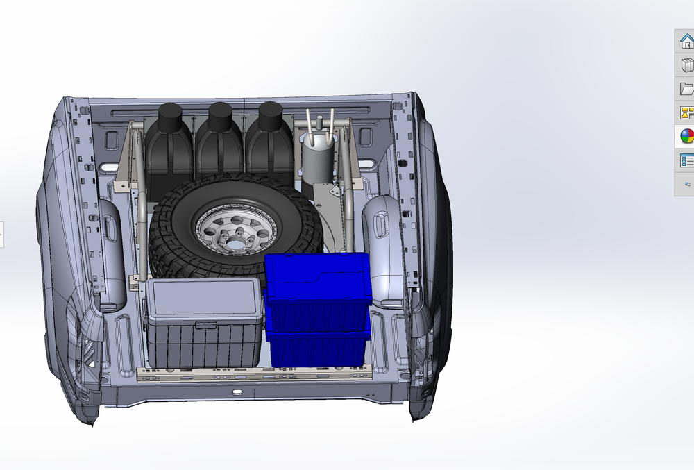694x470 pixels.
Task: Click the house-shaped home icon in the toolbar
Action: tap(686, 41)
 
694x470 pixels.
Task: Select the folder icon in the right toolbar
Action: tap(686, 88)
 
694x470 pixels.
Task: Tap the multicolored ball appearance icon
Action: tap(686, 136)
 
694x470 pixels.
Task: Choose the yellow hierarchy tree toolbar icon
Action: tap(686, 112)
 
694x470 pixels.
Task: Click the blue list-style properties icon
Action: tap(686, 160)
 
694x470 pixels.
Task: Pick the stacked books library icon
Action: tap(686, 65)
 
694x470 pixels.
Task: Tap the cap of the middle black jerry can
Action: tap(220, 113)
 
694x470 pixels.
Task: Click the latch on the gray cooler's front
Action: tap(205, 325)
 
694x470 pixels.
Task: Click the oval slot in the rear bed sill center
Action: tap(237, 392)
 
